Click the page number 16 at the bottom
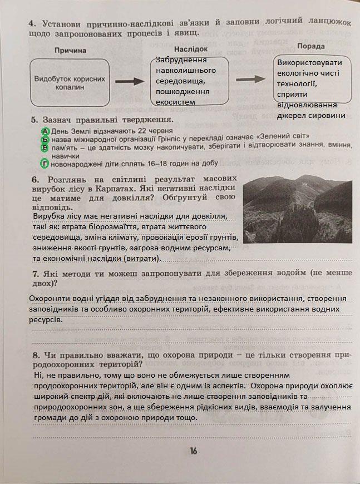(x=193, y=451)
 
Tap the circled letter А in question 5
(x=46, y=130)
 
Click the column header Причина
(x=71, y=50)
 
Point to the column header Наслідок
(x=194, y=49)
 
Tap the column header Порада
(x=311, y=46)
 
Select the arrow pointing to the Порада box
(x=251, y=80)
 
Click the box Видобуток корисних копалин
(x=70, y=83)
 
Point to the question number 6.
(x=34, y=180)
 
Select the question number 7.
(x=35, y=274)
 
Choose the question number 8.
(x=35, y=354)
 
